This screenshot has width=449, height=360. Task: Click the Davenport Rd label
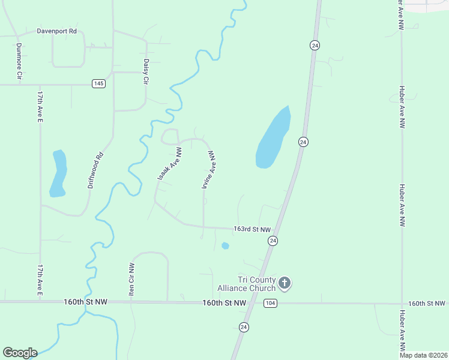click(58, 30)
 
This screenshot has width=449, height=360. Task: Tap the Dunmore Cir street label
click(19, 62)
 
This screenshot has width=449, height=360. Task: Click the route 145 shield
click(99, 83)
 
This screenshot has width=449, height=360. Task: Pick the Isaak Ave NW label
click(169, 165)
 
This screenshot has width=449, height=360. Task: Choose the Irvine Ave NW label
click(209, 170)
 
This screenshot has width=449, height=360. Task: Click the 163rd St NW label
click(252, 229)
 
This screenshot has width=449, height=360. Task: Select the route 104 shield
click(270, 303)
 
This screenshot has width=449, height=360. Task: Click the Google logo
click(20, 353)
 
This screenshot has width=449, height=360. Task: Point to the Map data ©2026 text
click(423, 355)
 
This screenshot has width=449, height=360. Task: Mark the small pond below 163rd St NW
click(225, 245)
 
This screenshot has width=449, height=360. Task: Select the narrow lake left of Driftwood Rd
click(58, 173)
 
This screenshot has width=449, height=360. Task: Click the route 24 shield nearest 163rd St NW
click(273, 241)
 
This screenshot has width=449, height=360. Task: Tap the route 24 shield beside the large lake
click(303, 142)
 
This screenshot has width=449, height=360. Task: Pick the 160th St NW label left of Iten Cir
click(85, 302)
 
